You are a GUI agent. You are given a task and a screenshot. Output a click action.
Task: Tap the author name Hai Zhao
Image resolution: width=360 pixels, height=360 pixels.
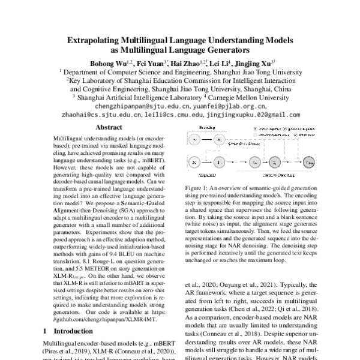[x=184, y=62]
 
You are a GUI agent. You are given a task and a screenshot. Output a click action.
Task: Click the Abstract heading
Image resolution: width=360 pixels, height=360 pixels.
[x=109, y=127]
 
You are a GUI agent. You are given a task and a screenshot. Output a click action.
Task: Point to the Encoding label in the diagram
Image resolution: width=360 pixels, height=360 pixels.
[x=209, y=127]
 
